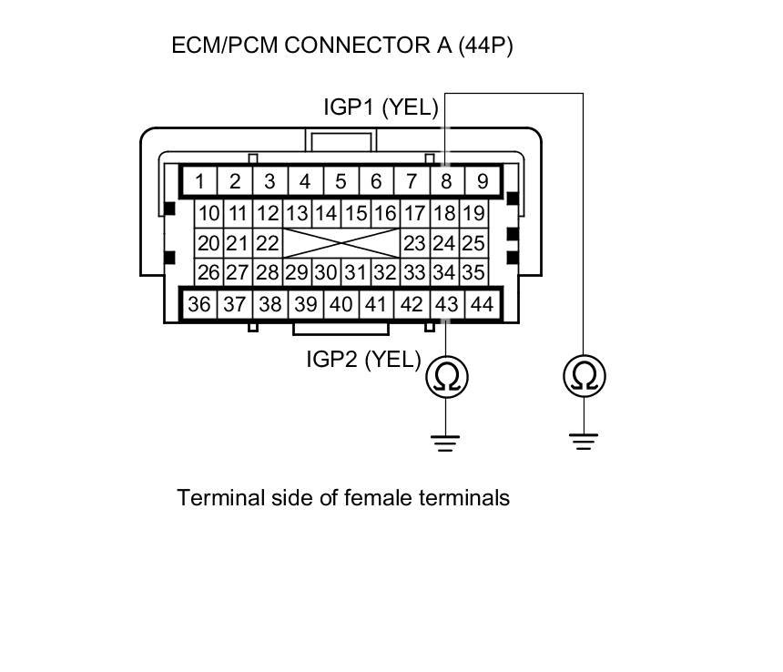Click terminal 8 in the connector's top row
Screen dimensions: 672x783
pyautogui.click(x=446, y=180)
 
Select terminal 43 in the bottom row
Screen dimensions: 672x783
pyautogui.click(x=446, y=304)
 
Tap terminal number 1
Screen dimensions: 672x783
pyautogui.click(x=199, y=180)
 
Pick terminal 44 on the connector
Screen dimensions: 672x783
pyautogui.click(x=482, y=304)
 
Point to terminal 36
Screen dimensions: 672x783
pyautogui.click(x=199, y=304)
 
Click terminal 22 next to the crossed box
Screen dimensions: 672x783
pyautogui.click(x=266, y=244)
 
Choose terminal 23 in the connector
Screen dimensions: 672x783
pyautogui.click(x=414, y=244)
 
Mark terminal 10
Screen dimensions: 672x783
pyautogui.click(x=209, y=215)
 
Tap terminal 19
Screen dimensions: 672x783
pyautogui.click(x=473, y=215)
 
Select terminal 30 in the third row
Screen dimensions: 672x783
pyautogui.click(x=327, y=272)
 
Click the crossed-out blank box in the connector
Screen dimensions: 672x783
pyautogui.click(x=341, y=244)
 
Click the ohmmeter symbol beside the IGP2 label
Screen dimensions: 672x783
pyautogui.click(x=446, y=375)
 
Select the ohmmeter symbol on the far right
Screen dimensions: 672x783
pyautogui.click(x=585, y=375)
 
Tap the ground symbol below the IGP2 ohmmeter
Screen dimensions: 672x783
pyautogui.click(x=446, y=443)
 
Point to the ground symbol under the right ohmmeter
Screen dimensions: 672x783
pyautogui.click(x=585, y=443)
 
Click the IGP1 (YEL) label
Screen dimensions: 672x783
pyautogui.click(x=381, y=107)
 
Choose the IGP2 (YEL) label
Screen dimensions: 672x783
pyautogui.click(x=363, y=360)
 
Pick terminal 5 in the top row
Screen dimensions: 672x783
pyautogui.click(x=341, y=180)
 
